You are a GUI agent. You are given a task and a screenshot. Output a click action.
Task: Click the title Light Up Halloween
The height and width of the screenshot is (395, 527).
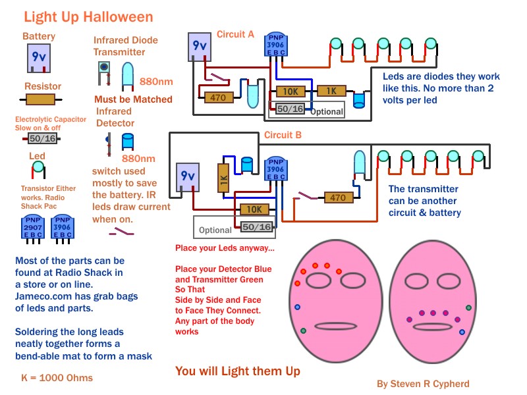click(x=88, y=17)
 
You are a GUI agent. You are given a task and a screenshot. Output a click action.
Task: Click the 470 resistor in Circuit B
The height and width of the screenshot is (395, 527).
click(x=337, y=197)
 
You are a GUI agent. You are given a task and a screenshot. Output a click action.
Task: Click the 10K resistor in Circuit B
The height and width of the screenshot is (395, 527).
click(x=254, y=209)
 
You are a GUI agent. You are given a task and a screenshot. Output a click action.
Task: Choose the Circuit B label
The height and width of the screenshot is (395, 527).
click(x=283, y=136)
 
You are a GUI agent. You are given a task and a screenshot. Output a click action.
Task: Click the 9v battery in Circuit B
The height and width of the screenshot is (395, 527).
click(x=188, y=177)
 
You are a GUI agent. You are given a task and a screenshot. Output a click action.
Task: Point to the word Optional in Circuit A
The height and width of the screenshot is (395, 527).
click(x=327, y=111)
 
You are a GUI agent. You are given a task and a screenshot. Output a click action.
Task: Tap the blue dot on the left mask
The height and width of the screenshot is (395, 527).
click(x=298, y=307)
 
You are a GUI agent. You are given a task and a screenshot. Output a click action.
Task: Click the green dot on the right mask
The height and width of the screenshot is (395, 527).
click(x=468, y=307)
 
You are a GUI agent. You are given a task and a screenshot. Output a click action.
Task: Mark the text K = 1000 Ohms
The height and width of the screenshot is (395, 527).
click(x=57, y=377)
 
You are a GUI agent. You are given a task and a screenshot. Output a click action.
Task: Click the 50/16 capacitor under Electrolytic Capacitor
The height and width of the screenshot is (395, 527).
click(x=42, y=138)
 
